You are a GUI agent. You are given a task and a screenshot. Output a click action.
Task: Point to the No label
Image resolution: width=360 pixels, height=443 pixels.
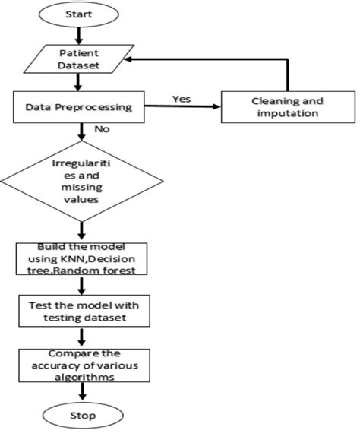pyautogui.click(x=102, y=130)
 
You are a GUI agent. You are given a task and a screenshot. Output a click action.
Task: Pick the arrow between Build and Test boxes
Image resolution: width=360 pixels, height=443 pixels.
pyautogui.click(x=82, y=285)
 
